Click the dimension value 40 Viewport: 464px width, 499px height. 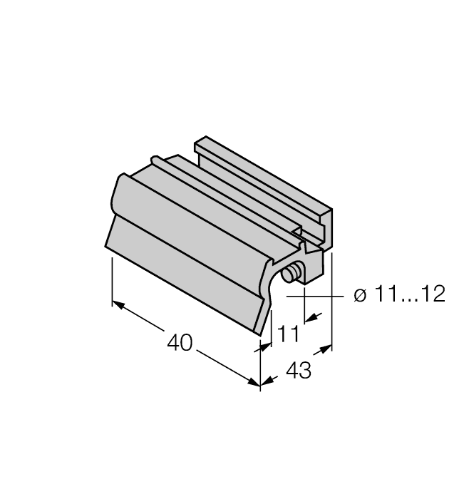coord(179,343)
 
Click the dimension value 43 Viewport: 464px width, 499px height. coord(298,371)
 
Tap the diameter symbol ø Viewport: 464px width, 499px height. coord(360,294)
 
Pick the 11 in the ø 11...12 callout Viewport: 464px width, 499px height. coord(386,294)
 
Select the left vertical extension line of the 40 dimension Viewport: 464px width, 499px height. coord(113,282)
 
